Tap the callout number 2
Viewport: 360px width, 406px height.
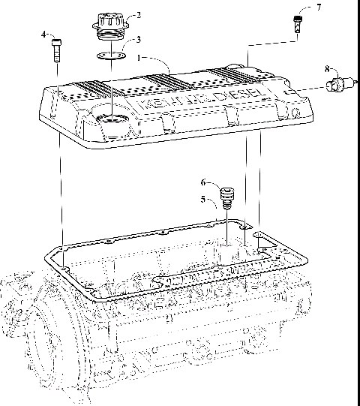click(x=136, y=14)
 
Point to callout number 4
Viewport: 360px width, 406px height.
click(x=44, y=35)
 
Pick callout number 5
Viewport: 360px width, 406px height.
click(x=202, y=200)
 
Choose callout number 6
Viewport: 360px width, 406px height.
click(x=202, y=182)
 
